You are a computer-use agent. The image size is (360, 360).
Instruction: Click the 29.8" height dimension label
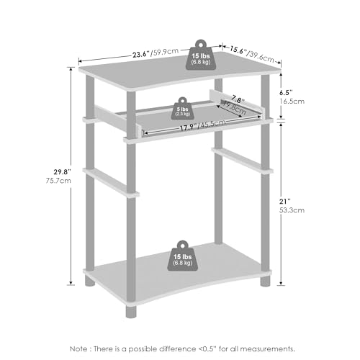coord(63,172)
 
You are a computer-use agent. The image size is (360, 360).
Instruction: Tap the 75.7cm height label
coord(58,181)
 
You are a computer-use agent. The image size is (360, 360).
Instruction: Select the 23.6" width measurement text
coord(141,54)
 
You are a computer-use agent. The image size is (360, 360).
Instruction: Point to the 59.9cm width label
coord(165,52)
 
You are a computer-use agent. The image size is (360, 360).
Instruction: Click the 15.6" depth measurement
coord(238,50)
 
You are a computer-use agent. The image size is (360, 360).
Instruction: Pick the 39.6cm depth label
coord(261,57)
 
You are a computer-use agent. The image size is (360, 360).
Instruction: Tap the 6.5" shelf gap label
coord(287,92)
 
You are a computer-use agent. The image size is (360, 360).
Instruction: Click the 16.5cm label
coord(292,102)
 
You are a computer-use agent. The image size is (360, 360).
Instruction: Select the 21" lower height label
coord(285,201)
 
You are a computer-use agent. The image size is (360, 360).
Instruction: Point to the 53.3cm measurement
coord(292,210)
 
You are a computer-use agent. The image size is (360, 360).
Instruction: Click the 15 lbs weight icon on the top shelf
coord(201,55)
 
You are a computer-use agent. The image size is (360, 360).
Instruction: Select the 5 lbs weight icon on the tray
coord(182,109)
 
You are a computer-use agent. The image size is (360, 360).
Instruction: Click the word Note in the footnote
coord(78,348)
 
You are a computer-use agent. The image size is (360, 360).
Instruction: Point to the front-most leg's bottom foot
coord(131,312)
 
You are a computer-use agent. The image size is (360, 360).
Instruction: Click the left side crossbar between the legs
coord(111,182)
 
